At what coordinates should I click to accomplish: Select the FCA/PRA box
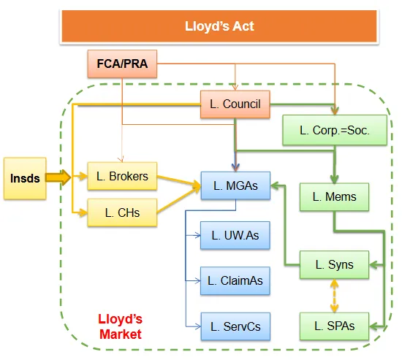(122, 64)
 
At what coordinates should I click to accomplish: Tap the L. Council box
(235, 104)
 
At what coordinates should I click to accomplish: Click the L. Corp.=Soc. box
(334, 131)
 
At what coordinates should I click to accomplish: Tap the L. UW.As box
(235, 235)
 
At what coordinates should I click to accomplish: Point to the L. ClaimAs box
(235, 280)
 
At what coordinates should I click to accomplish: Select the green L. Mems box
(334, 196)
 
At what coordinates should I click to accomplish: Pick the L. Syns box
(334, 264)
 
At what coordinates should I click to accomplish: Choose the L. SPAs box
(334, 326)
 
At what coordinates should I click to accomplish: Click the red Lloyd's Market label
(121, 326)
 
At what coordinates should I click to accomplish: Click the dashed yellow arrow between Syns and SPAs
(335, 295)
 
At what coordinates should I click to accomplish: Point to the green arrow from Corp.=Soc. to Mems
(335, 164)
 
